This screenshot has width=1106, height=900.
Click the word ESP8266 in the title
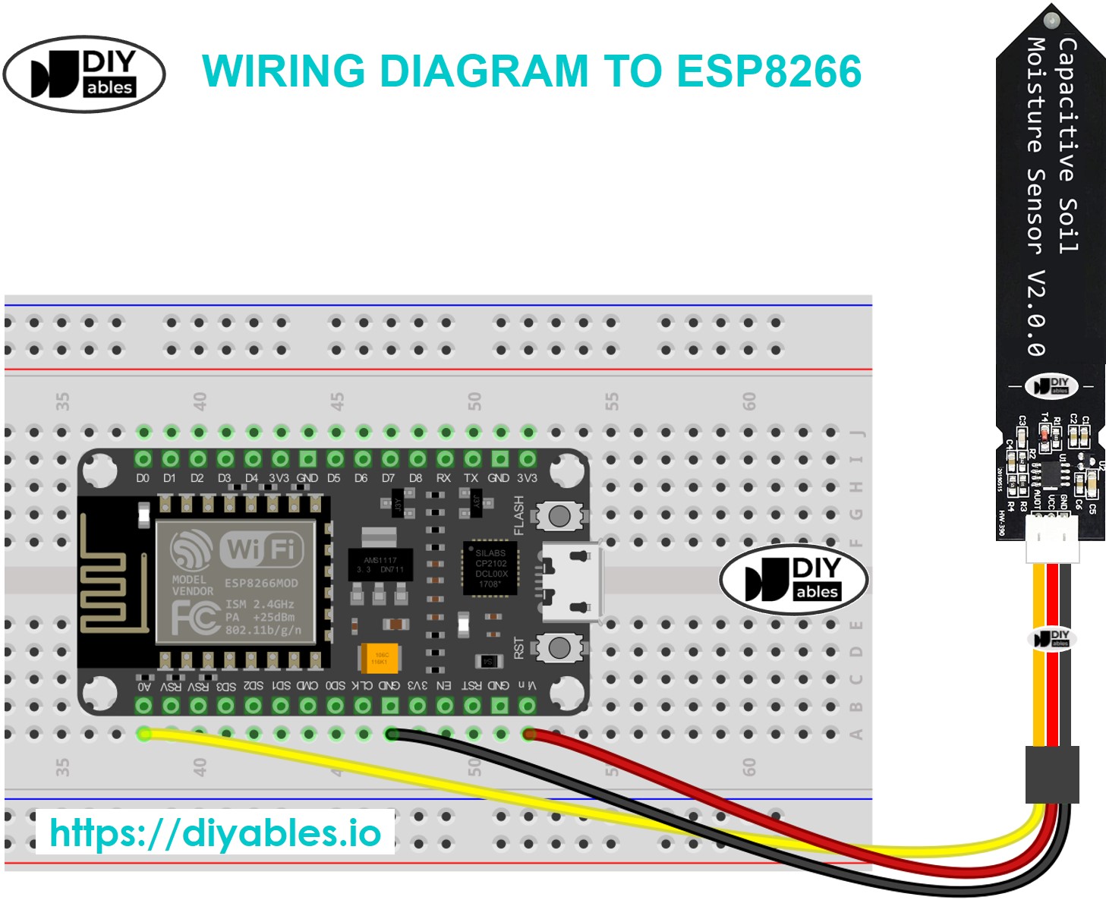coord(768,71)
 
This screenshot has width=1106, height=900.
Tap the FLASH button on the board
coord(559,516)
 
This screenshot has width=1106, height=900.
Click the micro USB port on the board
coord(572,582)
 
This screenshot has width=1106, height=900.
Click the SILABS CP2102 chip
coord(490,568)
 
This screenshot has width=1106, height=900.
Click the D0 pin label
coord(143,478)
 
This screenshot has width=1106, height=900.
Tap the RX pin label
coord(443,478)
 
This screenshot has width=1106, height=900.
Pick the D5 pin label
coord(334,478)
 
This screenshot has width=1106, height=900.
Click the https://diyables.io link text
coord(215,832)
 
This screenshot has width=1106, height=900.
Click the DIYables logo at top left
coord(84,74)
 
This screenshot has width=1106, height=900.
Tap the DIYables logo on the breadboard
coord(793,580)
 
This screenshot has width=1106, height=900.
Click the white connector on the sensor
coord(1052,540)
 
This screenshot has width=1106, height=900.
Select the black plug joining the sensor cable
coord(1052,774)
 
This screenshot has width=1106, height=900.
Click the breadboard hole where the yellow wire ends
coord(143,734)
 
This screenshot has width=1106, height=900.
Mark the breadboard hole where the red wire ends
coord(528,734)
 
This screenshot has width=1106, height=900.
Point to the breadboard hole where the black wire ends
coord(391,734)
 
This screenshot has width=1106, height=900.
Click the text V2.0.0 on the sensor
coord(1036,313)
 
